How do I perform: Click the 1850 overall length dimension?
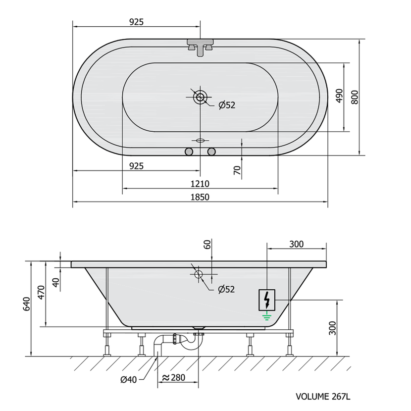tap(200, 197)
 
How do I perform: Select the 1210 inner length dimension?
tap(200, 184)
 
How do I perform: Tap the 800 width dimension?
tap(355, 97)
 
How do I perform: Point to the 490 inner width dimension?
tap(339, 96)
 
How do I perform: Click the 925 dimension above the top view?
tap(136, 22)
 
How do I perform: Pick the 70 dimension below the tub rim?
tap(237, 170)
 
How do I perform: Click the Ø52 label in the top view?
tap(227, 105)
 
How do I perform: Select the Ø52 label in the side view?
tap(226, 289)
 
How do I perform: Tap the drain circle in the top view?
tap(200, 97)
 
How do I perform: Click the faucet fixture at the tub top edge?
tap(200, 47)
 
